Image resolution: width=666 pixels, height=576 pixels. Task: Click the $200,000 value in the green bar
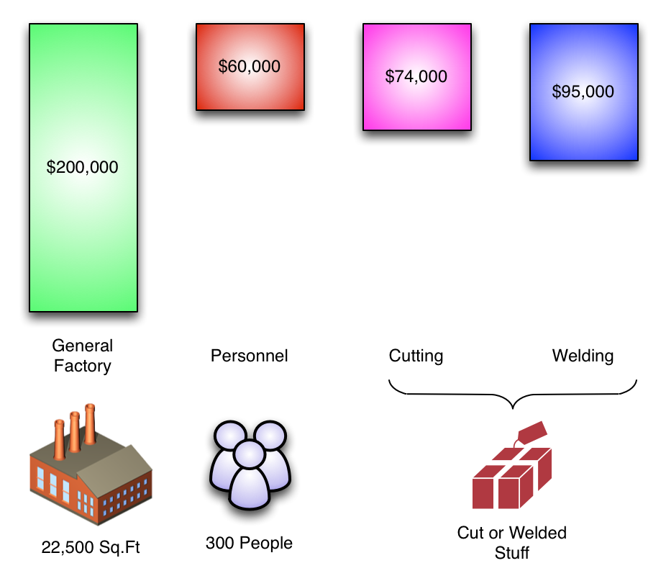point(82,168)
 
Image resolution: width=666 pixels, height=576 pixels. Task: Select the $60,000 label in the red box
point(250,67)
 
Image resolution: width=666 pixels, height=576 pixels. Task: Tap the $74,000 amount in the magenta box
point(416,76)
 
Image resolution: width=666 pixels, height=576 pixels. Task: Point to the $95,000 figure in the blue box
point(583,92)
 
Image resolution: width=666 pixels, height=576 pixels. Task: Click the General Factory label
point(83,356)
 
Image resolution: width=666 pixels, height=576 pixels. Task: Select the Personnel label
point(249,356)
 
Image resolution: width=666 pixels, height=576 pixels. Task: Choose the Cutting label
point(416,356)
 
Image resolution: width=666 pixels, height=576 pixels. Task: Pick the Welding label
point(583,356)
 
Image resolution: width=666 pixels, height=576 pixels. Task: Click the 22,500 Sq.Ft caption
point(91,548)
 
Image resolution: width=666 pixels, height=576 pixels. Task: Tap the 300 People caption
point(249,543)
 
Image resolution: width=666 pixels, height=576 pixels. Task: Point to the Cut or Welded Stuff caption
point(511,543)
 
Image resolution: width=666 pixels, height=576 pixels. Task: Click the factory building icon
point(91,468)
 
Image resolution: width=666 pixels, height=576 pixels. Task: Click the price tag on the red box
point(532,431)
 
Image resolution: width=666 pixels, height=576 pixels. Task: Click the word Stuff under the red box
point(511,554)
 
